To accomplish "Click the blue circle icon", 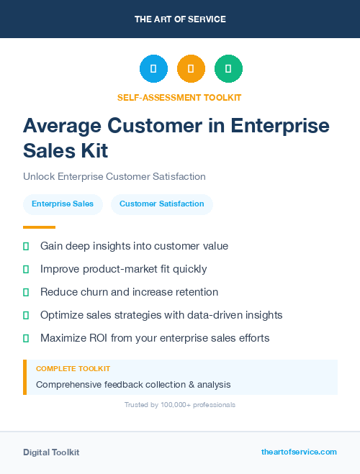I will point(153,68).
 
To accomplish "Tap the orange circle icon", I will point(191,68).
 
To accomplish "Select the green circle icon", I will point(228,68).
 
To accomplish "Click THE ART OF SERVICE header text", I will point(180,19).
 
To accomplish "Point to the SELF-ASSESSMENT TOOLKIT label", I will point(180,97).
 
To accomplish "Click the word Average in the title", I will point(62,126).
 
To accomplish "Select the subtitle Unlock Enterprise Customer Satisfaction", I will point(114,176).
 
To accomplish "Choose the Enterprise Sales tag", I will point(63,204).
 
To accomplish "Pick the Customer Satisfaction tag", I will point(162,204).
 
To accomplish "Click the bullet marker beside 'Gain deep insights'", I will point(26,246).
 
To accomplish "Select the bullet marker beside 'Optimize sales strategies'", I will point(26,315).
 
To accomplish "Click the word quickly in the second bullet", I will point(189,269).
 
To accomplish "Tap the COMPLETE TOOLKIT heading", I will point(73,368).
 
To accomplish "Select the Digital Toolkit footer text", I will point(51,452).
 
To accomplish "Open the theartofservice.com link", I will point(299,452).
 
